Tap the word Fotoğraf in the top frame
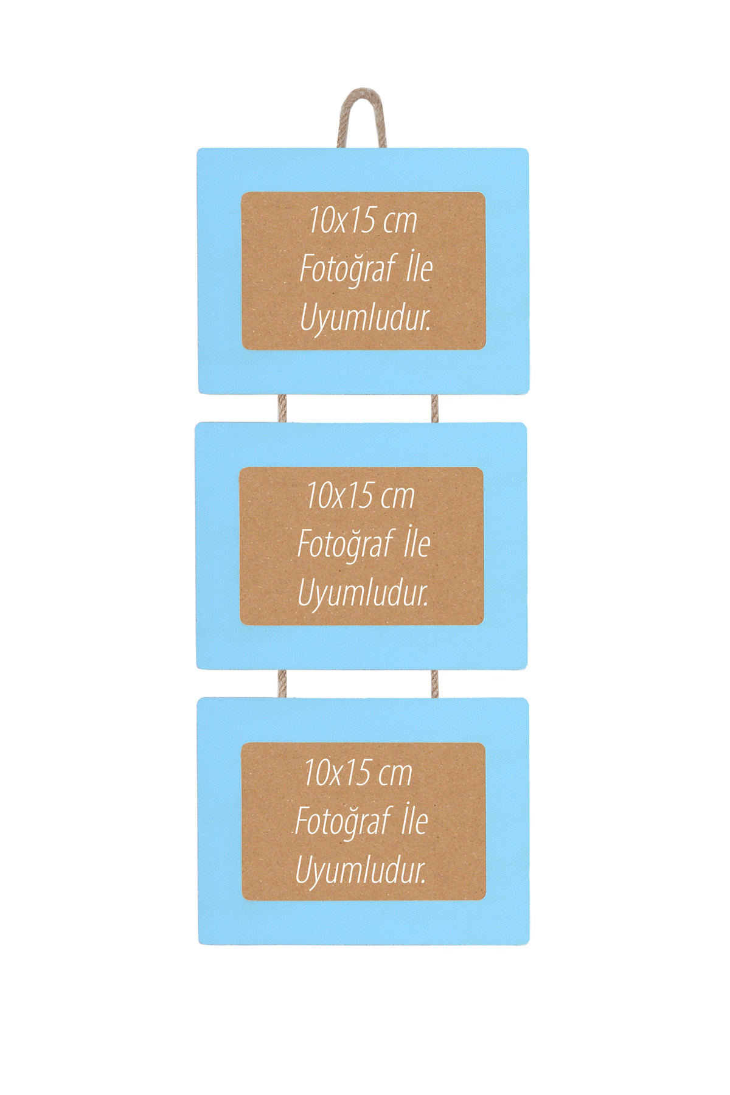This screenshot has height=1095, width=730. (348, 269)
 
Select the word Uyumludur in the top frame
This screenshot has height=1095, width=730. (366, 318)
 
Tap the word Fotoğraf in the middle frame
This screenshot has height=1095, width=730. (346, 544)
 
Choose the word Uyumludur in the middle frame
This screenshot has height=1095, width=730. (363, 593)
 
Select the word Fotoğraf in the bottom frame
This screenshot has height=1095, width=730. (343, 822)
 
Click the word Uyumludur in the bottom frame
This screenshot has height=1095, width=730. (361, 871)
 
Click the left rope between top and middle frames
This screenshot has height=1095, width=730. (282, 408)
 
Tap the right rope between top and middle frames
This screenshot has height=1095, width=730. (434, 408)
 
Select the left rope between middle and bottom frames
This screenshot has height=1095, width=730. (282, 684)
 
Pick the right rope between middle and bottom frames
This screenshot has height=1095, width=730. (434, 684)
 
